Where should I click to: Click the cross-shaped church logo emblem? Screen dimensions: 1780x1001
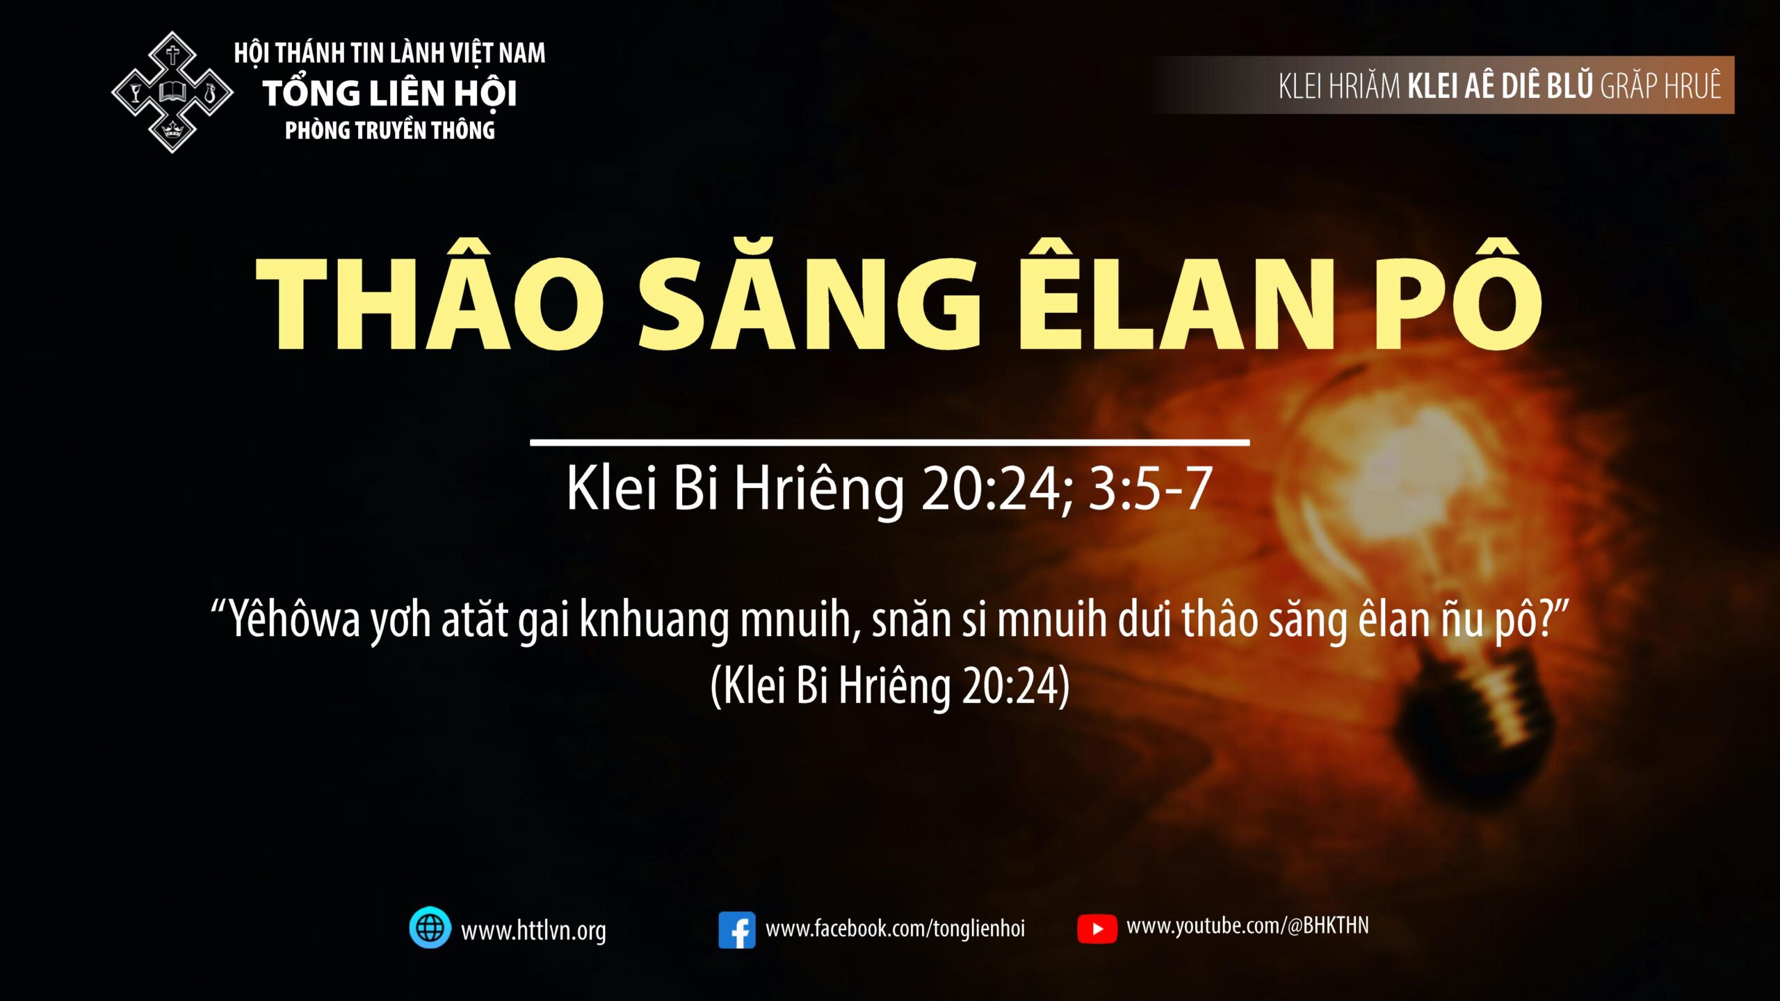click(172, 92)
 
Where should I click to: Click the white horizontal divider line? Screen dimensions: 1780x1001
click(890, 442)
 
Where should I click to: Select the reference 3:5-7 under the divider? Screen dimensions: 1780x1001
click(1151, 489)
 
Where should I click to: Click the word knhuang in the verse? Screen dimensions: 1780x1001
click(654, 619)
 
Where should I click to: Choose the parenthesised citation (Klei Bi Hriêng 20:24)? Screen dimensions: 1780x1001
click(890, 685)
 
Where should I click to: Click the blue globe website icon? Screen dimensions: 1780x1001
click(430, 927)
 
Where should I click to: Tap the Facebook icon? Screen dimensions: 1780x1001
click(737, 930)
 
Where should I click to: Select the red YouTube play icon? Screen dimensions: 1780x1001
click(1097, 929)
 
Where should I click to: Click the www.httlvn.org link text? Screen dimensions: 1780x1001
click(533, 930)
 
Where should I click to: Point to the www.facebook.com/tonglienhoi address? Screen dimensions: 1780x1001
click(895, 929)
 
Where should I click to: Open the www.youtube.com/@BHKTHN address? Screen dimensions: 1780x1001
click(1247, 926)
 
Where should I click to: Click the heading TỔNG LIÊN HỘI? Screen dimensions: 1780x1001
click(389, 92)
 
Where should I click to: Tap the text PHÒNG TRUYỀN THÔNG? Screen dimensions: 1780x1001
click(389, 130)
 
